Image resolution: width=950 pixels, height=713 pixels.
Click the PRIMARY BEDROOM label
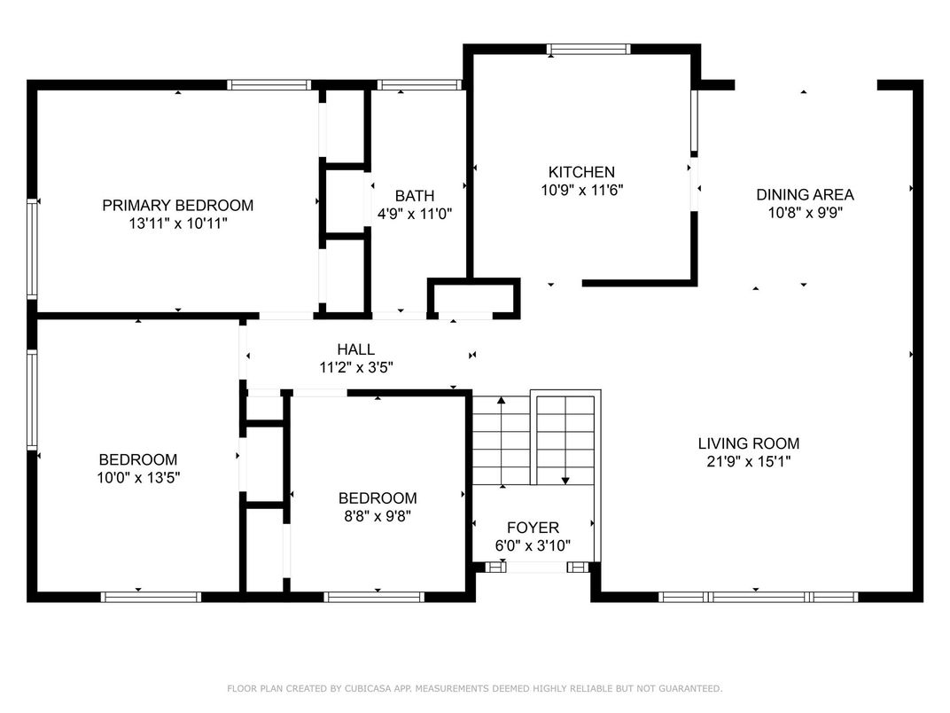(x=177, y=206)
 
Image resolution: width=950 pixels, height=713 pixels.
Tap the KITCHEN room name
(x=581, y=172)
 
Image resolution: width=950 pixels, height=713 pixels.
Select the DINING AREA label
(x=806, y=194)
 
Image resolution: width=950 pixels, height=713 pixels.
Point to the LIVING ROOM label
(x=749, y=443)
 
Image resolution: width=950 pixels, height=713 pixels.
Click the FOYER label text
(x=533, y=528)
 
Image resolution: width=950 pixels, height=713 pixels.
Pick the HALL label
(x=355, y=349)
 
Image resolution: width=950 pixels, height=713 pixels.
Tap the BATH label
(x=415, y=196)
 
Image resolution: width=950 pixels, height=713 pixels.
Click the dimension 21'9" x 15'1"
(x=749, y=462)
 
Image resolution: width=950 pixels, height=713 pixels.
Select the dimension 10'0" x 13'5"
(x=138, y=478)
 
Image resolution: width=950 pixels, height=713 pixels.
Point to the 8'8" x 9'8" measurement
(x=378, y=516)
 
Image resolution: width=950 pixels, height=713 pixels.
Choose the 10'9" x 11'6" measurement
(x=581, y=191)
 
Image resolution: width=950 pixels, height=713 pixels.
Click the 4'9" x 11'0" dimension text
(x=415, y=214)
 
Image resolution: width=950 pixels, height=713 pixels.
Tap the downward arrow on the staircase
(x=565, y=441)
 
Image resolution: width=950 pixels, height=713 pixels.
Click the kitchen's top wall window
(x=588, y=49)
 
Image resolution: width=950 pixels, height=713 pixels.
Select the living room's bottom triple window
(x=758, y=597)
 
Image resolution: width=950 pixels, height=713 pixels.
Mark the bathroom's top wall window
(x=419, y=85)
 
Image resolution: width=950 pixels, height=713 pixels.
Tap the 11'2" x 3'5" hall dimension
(x=356, y=367)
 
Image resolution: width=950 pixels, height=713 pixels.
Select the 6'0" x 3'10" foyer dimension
(x=533, y=545)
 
